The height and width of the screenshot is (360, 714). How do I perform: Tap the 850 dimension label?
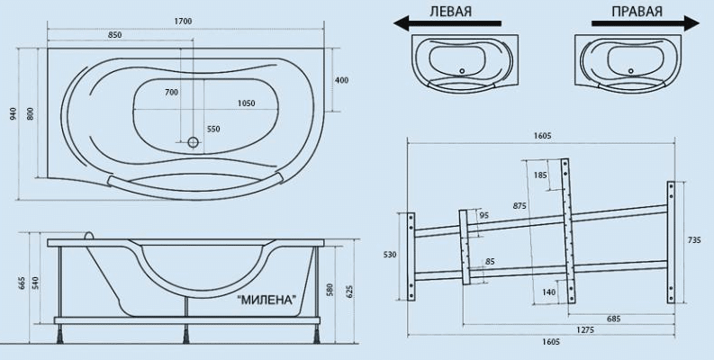114,35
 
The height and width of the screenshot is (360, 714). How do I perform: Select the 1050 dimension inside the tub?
247,103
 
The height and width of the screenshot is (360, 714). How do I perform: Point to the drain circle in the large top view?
193,142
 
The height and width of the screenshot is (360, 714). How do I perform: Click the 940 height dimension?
13,113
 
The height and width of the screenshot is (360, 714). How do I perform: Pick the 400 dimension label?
341,81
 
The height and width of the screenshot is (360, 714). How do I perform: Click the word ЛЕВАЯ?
450,12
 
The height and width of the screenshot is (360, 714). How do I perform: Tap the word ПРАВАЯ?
637,12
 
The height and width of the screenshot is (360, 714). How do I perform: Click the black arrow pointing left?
447,23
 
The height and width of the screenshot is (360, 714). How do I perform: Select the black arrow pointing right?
646,23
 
